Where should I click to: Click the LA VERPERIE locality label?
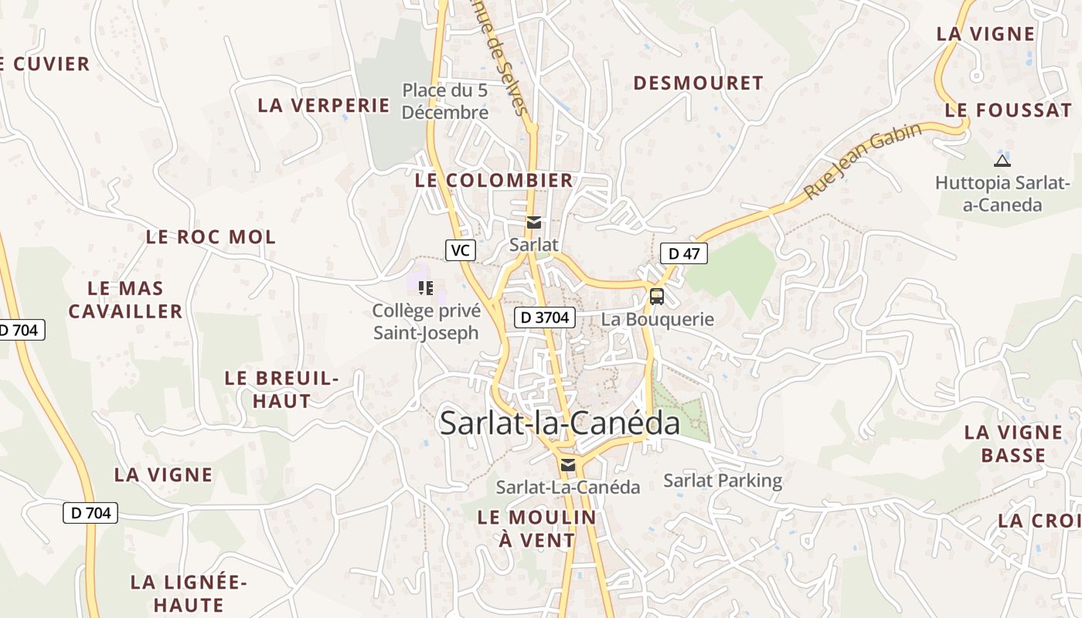point(324,105)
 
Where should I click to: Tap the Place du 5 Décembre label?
point(445,101)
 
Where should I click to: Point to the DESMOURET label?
point(699,83)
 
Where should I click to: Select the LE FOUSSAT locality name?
point(1008,110)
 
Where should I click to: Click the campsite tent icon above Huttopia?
point(1002,161)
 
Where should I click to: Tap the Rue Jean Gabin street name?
point(863,161)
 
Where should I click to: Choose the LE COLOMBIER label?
point(494,180)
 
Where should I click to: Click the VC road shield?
point(460,250)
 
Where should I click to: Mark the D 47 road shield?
point(684,253)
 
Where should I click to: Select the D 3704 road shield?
point(545,317)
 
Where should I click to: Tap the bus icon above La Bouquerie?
point(657,296)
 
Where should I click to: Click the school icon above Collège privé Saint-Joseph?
point(425,288)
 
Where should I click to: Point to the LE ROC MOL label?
point(210,237)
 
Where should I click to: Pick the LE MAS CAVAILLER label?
point(125,300)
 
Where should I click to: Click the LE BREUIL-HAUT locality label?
point(282,389)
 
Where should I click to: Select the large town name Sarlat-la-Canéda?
point(560,423)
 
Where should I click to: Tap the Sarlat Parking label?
point(723,480)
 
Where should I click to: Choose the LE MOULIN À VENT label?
point(537,528)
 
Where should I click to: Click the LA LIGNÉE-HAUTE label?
point(189,593)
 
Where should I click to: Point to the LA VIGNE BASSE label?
point(1013,443)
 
